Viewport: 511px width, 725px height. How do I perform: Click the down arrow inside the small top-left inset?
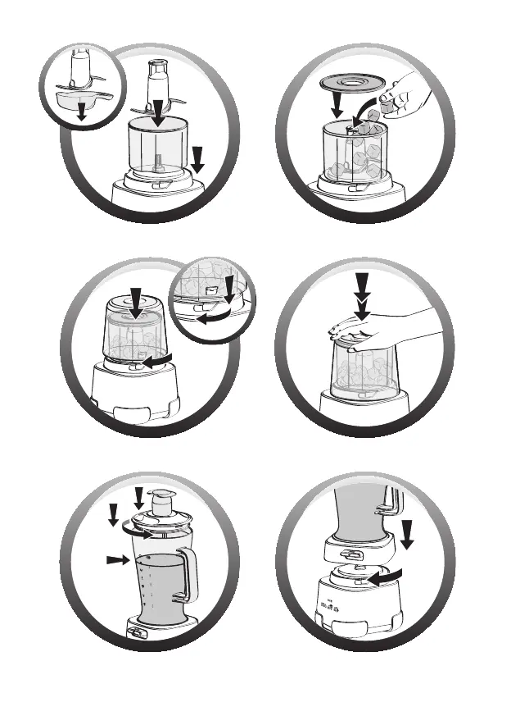(x=80, y=112)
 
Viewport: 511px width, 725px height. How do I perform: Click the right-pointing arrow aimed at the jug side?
(x=118, y=559)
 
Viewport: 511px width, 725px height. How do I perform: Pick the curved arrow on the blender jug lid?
(x=137, y=531)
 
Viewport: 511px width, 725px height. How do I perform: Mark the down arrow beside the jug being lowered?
(x=408, y=534)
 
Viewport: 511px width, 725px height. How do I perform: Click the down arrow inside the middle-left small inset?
(x=229, y=289)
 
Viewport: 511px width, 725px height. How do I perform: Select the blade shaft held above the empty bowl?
(x=156, y=82)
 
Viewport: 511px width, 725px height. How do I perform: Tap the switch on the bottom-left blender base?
(x=135, y=632)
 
